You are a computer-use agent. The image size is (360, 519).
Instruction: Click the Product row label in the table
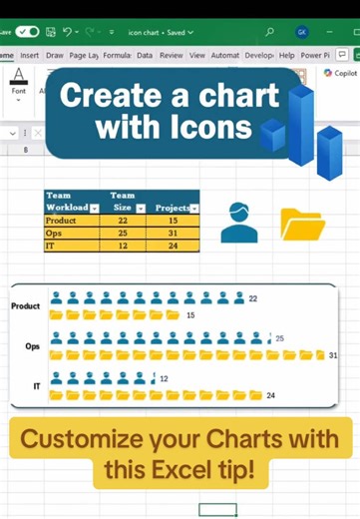(61, 221)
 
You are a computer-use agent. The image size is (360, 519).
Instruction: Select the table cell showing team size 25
(123, 233)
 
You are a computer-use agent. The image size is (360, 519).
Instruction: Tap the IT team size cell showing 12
(123, 245)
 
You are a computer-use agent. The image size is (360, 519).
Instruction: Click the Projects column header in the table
(173, 208)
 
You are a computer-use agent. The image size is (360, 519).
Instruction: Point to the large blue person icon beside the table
(239, 222)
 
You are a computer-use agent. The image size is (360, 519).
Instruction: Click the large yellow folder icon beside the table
(302, 225)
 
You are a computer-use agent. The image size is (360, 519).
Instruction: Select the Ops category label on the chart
(33, 346)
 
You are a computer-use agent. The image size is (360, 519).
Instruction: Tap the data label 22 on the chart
(253, 298)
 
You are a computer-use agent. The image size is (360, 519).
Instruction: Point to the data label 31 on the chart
(333, 355)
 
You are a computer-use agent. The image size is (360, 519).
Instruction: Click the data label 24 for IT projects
(269, 396)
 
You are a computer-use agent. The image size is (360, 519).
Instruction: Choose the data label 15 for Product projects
(190, 315)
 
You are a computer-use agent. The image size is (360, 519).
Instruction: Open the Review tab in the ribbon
(172, 56)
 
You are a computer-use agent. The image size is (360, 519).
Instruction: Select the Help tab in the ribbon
(287, 56)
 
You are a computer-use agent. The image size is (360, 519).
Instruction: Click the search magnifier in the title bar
(268, 31)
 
